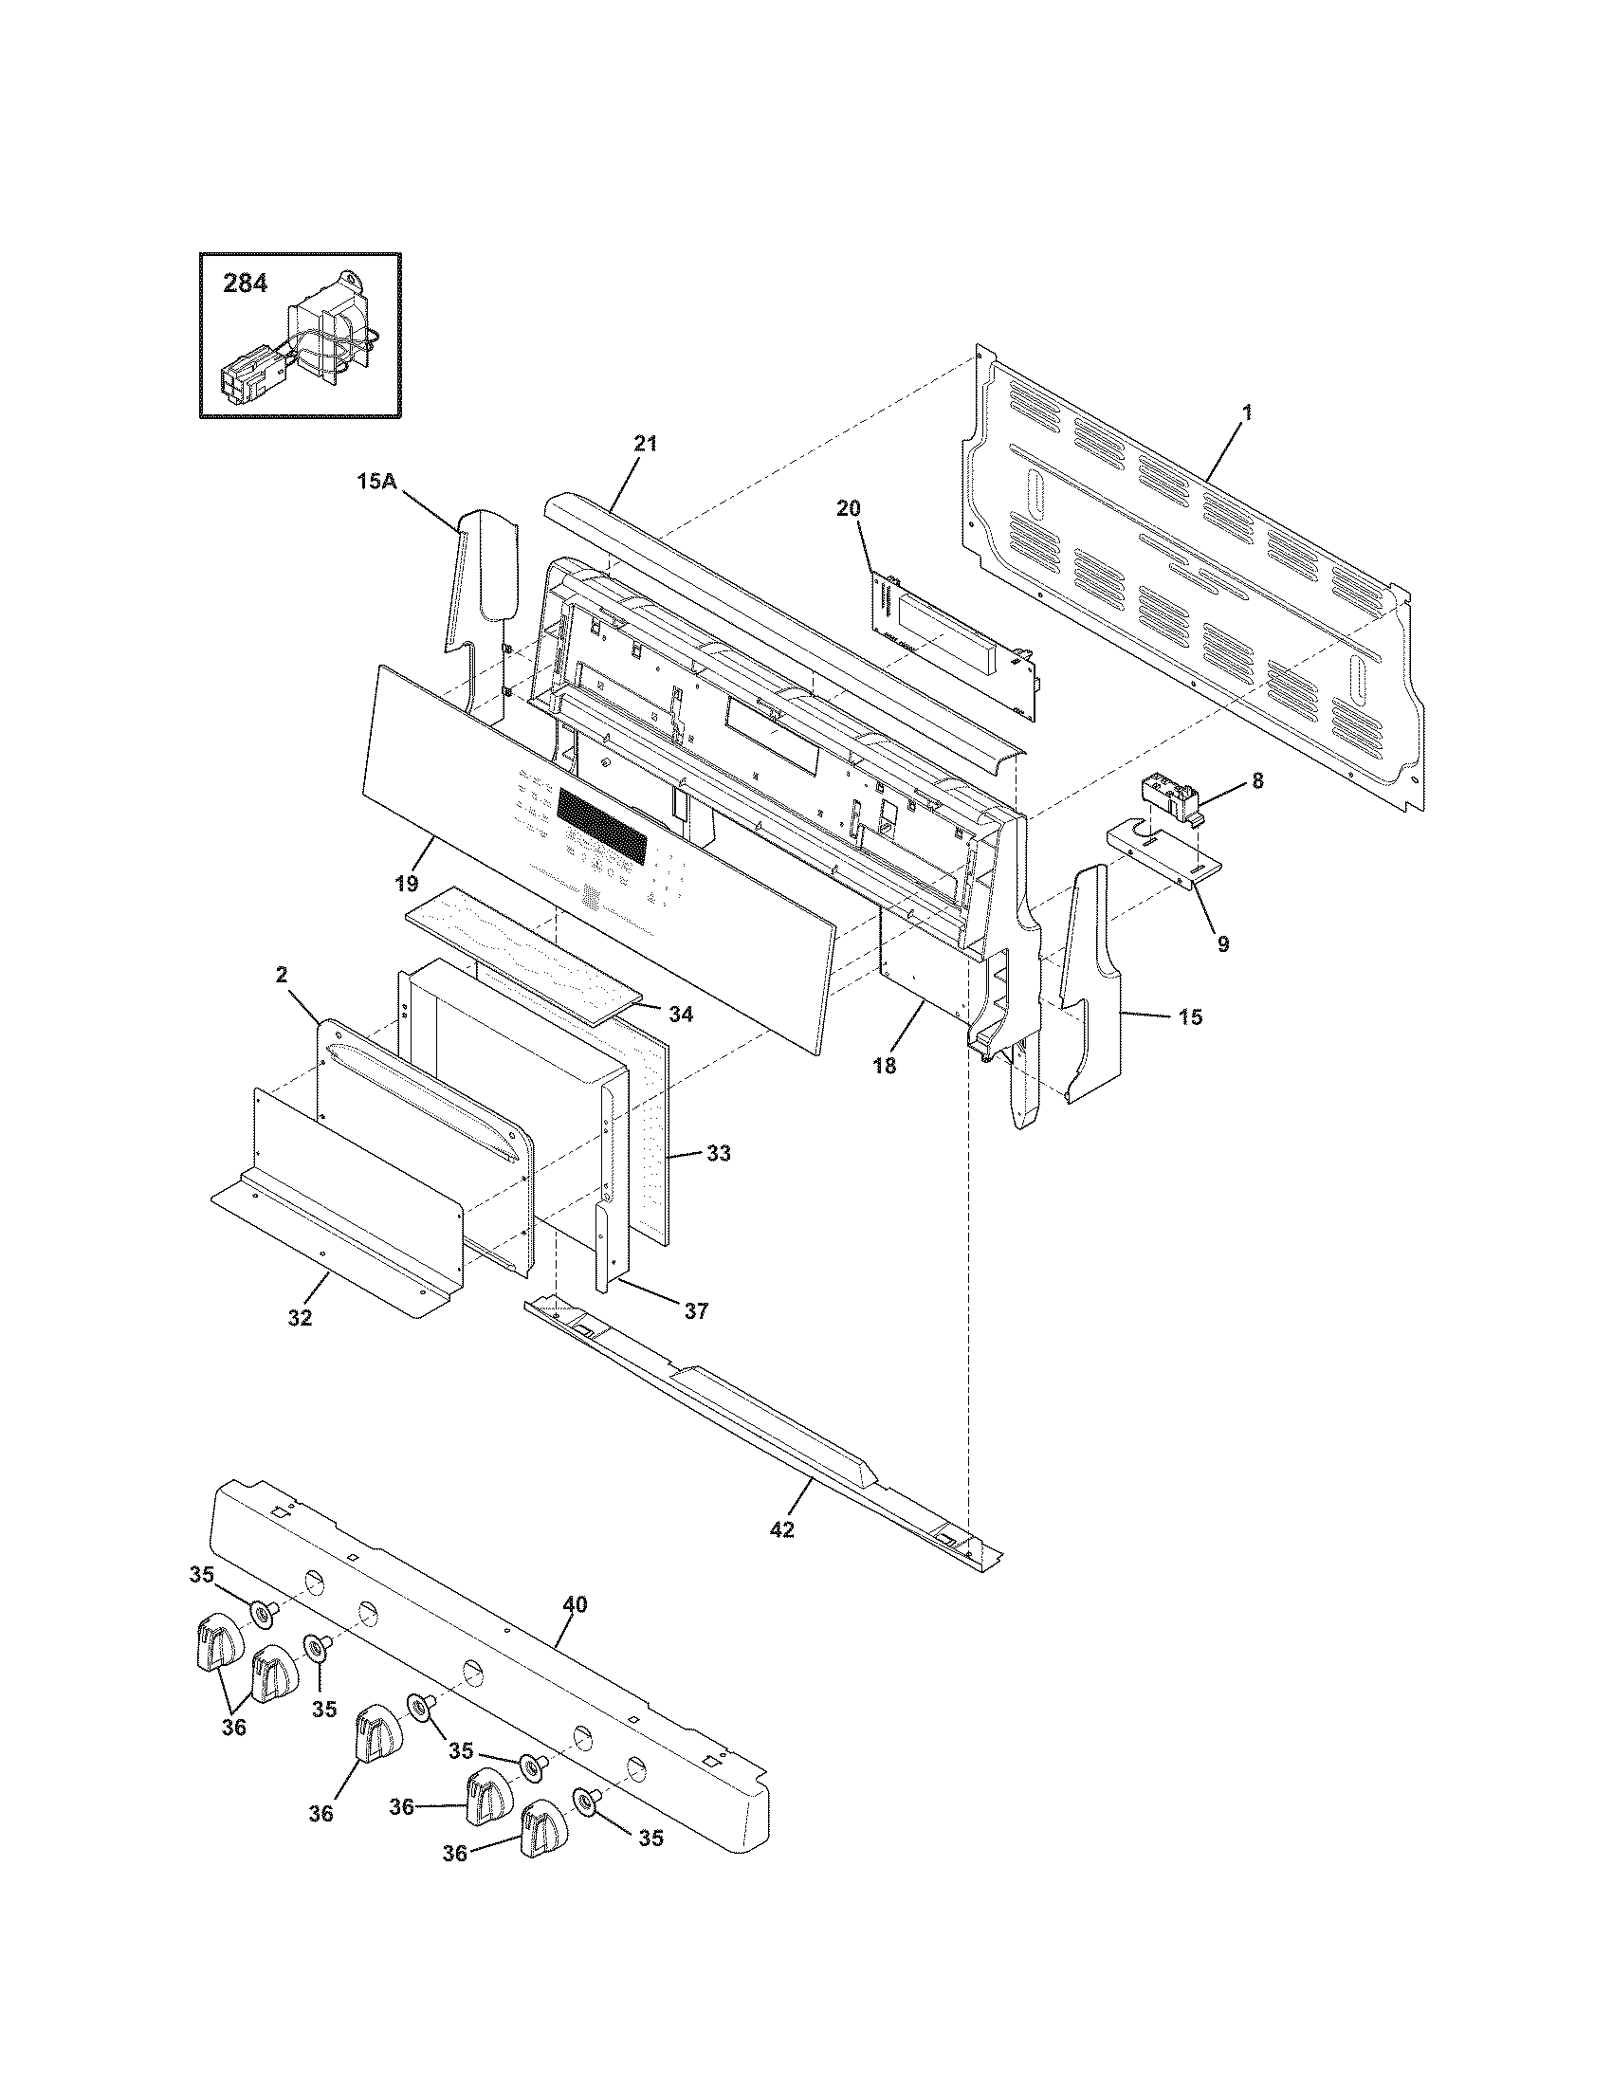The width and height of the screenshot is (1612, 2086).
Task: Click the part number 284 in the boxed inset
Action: pos(246,284)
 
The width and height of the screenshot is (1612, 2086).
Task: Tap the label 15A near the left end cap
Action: pos(376,483)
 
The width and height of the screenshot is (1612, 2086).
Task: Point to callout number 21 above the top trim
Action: pos(646,443)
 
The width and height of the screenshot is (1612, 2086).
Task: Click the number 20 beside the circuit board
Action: pos(848,508)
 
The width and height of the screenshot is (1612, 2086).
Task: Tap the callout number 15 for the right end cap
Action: pos(1190,1017)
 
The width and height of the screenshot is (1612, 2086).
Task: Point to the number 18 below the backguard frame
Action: pos(885,1065)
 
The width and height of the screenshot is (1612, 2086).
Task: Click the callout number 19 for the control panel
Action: pos(407,885)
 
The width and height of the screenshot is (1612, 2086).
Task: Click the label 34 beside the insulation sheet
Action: pos(680,1014)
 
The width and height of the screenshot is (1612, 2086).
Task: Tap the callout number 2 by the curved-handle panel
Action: pos(283,974)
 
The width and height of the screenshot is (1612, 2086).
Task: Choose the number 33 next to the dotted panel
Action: pos(718,1154)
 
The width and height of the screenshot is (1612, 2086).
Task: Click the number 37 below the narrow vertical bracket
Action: pos(696,1311)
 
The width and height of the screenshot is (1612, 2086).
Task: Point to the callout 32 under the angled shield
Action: pos(300,1318)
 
